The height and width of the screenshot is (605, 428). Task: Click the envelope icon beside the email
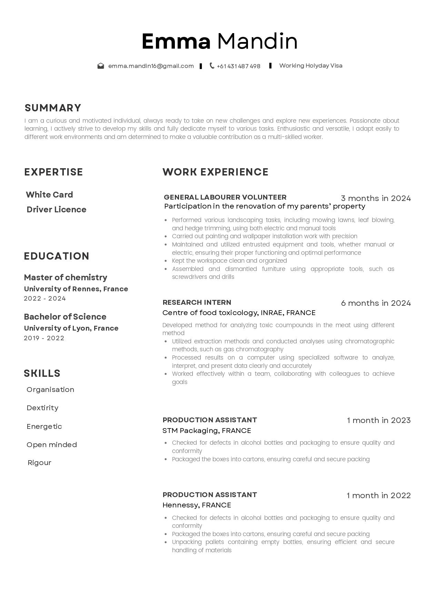101,66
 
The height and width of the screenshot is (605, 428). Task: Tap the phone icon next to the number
212,66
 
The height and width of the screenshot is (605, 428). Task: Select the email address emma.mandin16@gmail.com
151,66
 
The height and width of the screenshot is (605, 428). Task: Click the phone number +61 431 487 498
239,66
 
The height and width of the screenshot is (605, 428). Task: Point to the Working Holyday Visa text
311,65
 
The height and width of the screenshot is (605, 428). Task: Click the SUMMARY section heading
53,108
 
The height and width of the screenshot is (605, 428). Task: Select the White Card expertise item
49,195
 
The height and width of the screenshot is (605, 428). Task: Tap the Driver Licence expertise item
57,210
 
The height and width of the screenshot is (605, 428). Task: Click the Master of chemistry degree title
66,278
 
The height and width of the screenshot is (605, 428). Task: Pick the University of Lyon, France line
71,328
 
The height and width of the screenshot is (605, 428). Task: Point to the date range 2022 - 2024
45,299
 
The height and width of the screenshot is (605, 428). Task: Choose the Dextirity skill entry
42,408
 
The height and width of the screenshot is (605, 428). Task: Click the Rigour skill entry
39,463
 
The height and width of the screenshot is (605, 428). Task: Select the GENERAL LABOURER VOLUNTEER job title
225,197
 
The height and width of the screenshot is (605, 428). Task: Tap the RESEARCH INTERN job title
197,302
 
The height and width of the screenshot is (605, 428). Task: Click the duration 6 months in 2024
376,303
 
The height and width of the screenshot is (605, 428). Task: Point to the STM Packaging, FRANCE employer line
207,431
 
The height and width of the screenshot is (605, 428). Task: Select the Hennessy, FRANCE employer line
197,505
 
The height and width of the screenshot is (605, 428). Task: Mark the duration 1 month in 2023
379,420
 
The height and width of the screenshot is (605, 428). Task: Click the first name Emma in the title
176,41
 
